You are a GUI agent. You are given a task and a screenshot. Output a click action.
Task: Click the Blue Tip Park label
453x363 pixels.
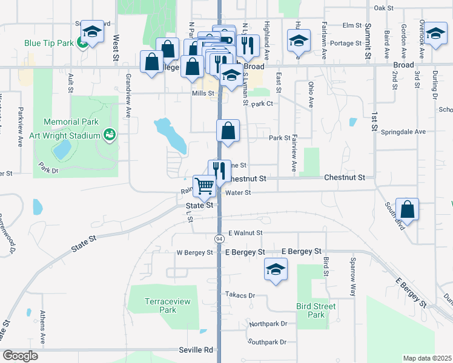click(48, 44)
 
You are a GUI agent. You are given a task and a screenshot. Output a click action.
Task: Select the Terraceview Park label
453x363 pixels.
click(160, 305)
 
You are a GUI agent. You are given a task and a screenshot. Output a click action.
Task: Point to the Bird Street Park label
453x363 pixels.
click(316, 310)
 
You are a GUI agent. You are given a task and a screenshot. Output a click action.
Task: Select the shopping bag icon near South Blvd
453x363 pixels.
click(408, 209)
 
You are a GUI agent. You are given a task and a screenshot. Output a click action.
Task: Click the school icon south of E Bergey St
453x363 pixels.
click(275, 269)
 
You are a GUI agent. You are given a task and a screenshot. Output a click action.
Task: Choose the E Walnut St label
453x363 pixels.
click(245, 232)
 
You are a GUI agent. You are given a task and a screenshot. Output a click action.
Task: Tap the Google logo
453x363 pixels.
click(20, 355)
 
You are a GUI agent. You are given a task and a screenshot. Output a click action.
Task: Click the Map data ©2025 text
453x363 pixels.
click(427, 358)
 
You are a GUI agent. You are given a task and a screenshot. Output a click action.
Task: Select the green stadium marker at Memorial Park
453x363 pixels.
click(110, 134)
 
